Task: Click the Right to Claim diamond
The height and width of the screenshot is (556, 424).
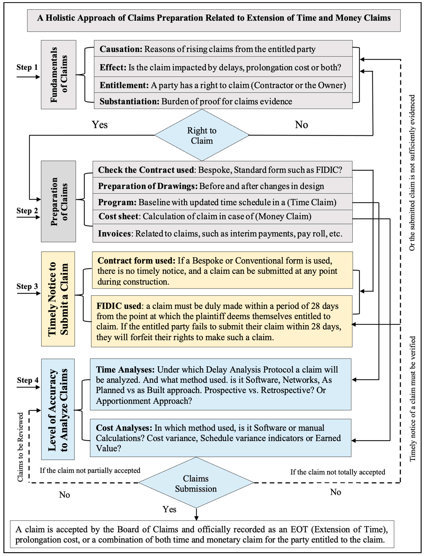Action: (x=202, y=135)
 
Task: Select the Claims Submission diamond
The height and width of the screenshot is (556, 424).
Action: (x=196, y=483)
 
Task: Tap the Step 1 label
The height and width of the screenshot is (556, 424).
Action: (x=27, y=67)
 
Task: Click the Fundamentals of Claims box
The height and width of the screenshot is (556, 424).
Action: (x=59, y=75)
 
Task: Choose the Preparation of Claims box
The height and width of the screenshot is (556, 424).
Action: (x=59, y=201)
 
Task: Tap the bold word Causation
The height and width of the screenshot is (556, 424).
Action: (x=121, y=49)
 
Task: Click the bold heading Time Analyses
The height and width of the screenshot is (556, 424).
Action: (x=125, y=370)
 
